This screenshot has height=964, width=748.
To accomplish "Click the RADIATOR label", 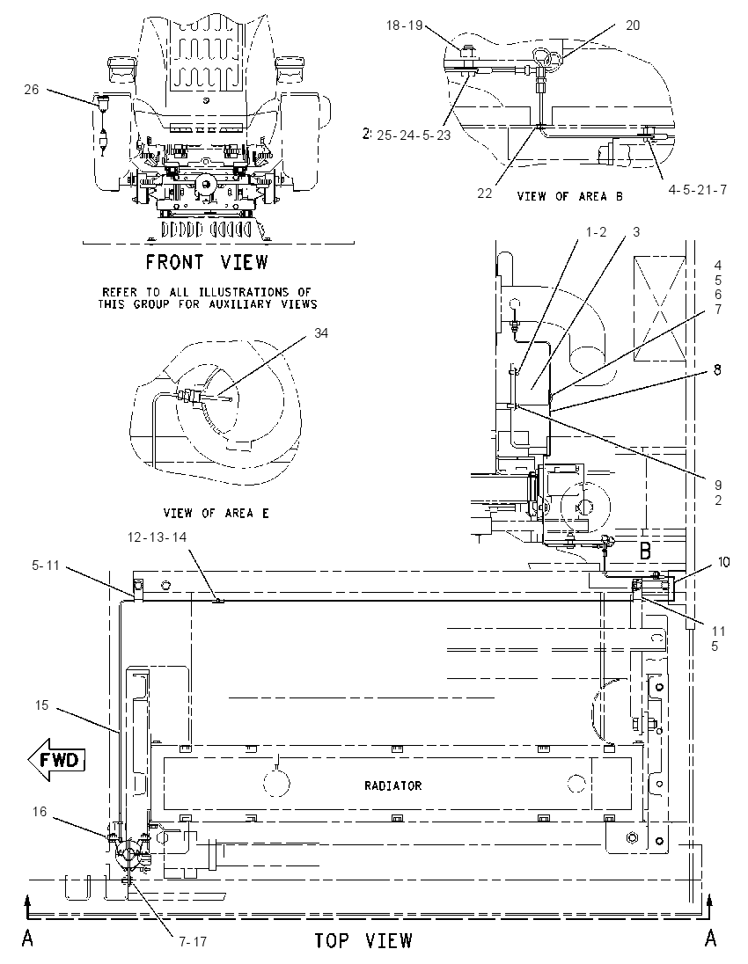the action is click(x=393, y=785).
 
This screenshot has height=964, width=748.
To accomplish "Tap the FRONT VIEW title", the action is click(x=208, y=262).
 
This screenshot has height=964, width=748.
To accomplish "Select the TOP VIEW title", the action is click(x=363, y=940).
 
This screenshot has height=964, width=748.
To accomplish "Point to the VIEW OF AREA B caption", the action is click(x=569, y=196).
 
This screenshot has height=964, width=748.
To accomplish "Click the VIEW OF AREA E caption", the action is click(x=216, y=513).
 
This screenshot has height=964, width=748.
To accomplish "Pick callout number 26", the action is click(x=32, y=90).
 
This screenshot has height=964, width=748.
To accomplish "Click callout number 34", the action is click(x=321, y=332).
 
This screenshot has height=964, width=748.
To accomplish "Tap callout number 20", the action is click(x=633, y=26).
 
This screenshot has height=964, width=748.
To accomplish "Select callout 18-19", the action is click(x=405, y=26).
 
